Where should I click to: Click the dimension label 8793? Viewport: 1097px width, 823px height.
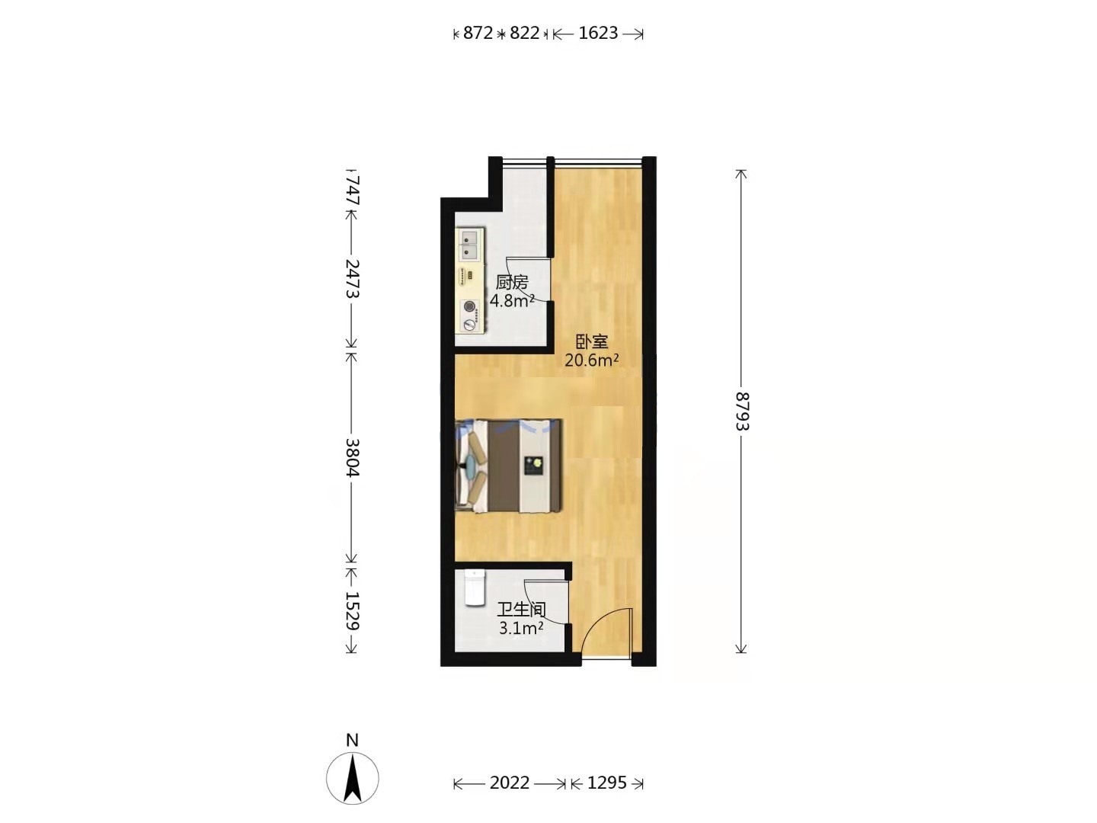point(742,411)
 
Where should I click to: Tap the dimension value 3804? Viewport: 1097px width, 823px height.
point(353,458)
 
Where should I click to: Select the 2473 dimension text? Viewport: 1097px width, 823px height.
point(353,279)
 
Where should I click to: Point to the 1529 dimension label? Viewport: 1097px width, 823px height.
point(353,611)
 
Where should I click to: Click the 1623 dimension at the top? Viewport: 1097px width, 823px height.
point(598,33)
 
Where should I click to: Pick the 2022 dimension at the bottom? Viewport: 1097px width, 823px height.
point(510,783)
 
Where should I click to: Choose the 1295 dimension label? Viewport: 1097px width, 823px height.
point(606,783)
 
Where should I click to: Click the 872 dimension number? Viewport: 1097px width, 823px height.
point(478,33)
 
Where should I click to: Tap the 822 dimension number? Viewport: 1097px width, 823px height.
point(525,33)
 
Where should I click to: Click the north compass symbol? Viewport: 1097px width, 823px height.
point(353,779)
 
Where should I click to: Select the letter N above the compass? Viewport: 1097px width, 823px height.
point(353,740)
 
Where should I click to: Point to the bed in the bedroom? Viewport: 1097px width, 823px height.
point(507,466)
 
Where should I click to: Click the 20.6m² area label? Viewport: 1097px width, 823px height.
point(592,360)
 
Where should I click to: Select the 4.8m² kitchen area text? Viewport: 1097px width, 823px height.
point(512,301)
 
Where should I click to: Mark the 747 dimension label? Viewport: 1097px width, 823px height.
point(353,190)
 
